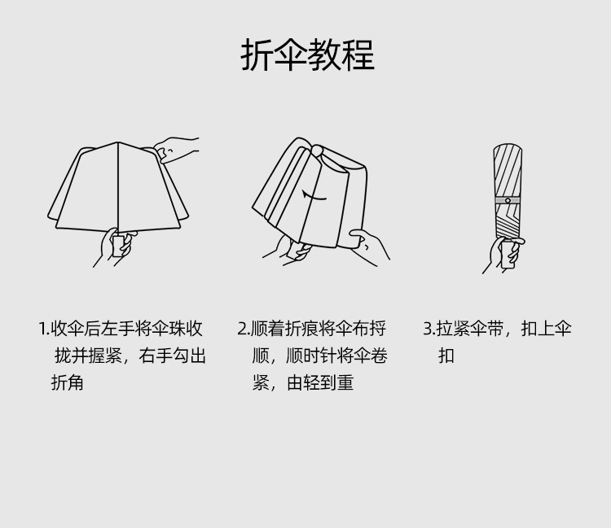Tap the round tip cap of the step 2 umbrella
316,151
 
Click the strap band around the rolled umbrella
507,200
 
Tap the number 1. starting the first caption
44,329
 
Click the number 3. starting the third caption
429,329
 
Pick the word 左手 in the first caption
118,329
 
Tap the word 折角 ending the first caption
68,383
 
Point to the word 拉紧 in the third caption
453,329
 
